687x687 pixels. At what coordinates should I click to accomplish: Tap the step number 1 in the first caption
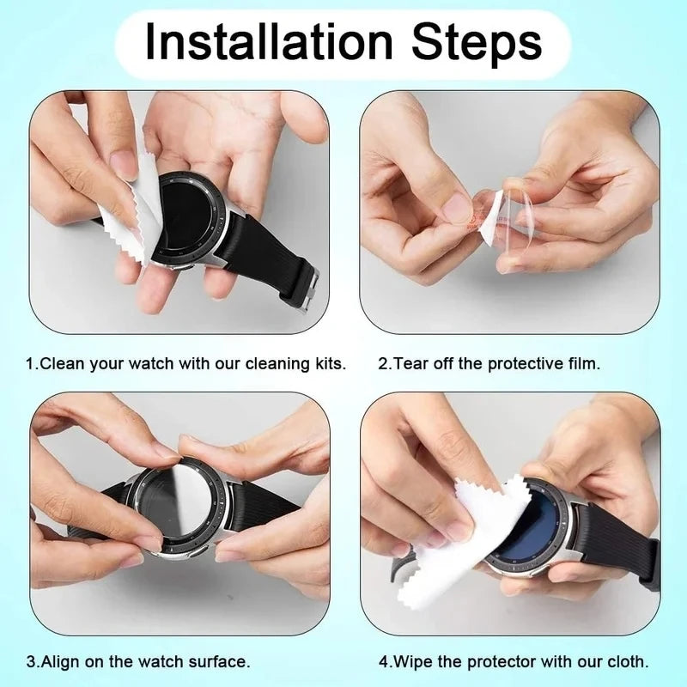pyautogui.click(x=30, y=363)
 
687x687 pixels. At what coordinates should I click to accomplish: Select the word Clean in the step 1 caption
pyautogui.click(x=61, y=363)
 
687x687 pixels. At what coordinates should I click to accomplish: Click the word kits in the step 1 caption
pyautogui.click(x=330, y=363)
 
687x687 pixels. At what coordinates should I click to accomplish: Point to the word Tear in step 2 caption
pyautogui.click(x=410, y=363)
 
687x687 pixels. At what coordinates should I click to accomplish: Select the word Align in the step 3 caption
pyautogui.click(x=59, y=662)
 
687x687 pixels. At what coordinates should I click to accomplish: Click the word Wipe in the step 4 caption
pyautogui.click(x=410, y=662)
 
